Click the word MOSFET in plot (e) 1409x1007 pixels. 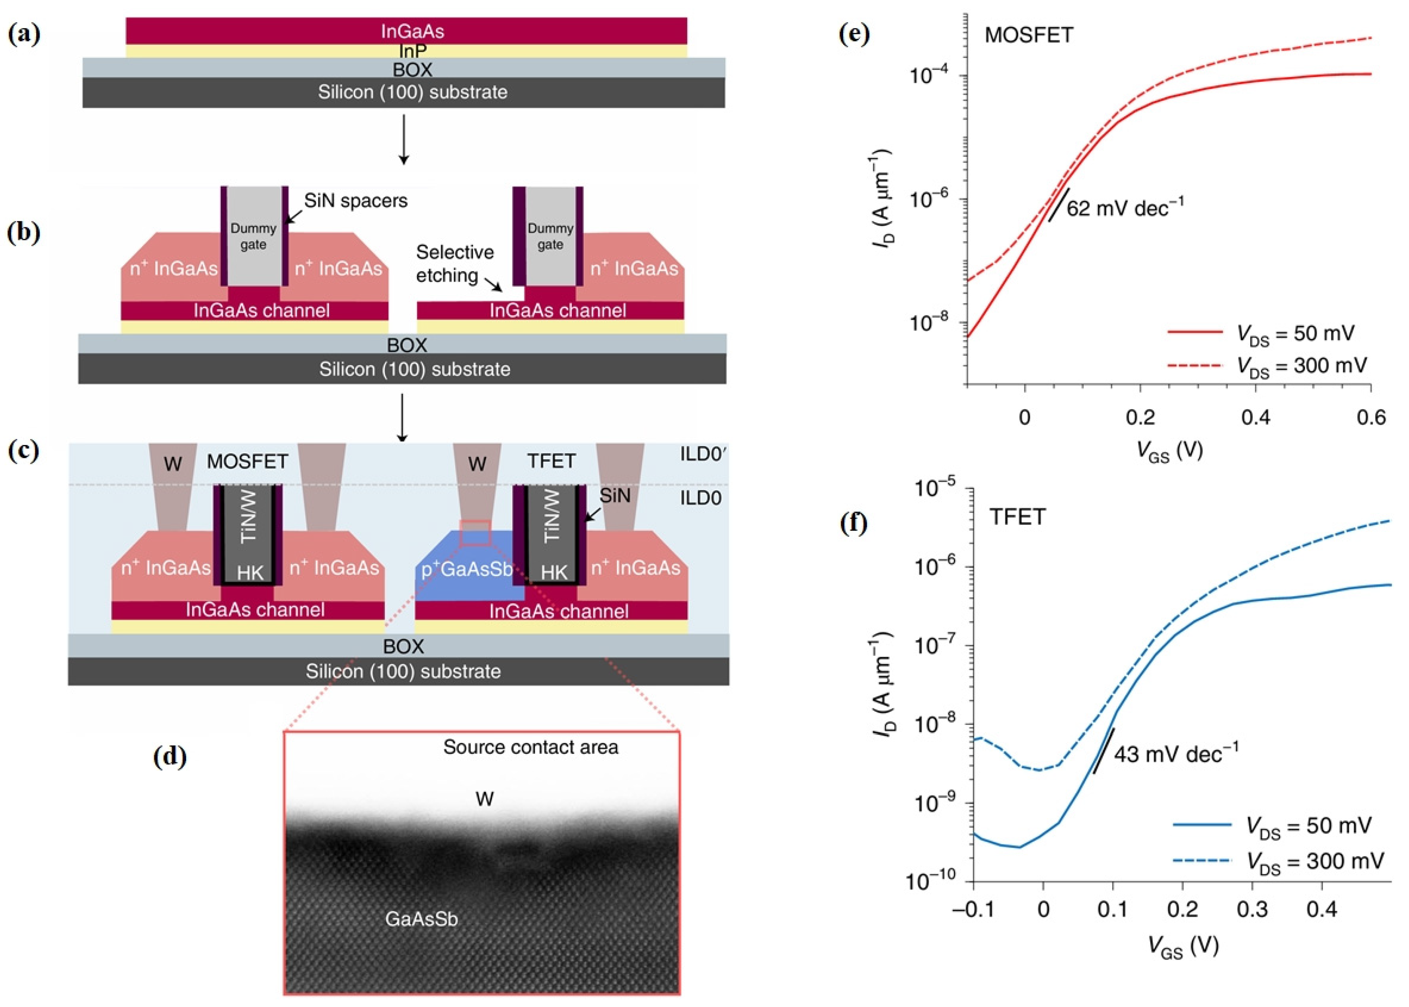[x=1029, y=35]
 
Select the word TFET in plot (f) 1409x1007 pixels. [x=1017, y=517]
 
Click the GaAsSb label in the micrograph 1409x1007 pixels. [x=421, y=918]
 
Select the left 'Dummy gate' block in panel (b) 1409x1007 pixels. [x=254, y=236]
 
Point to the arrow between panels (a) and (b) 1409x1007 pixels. [x=404, y=139]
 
